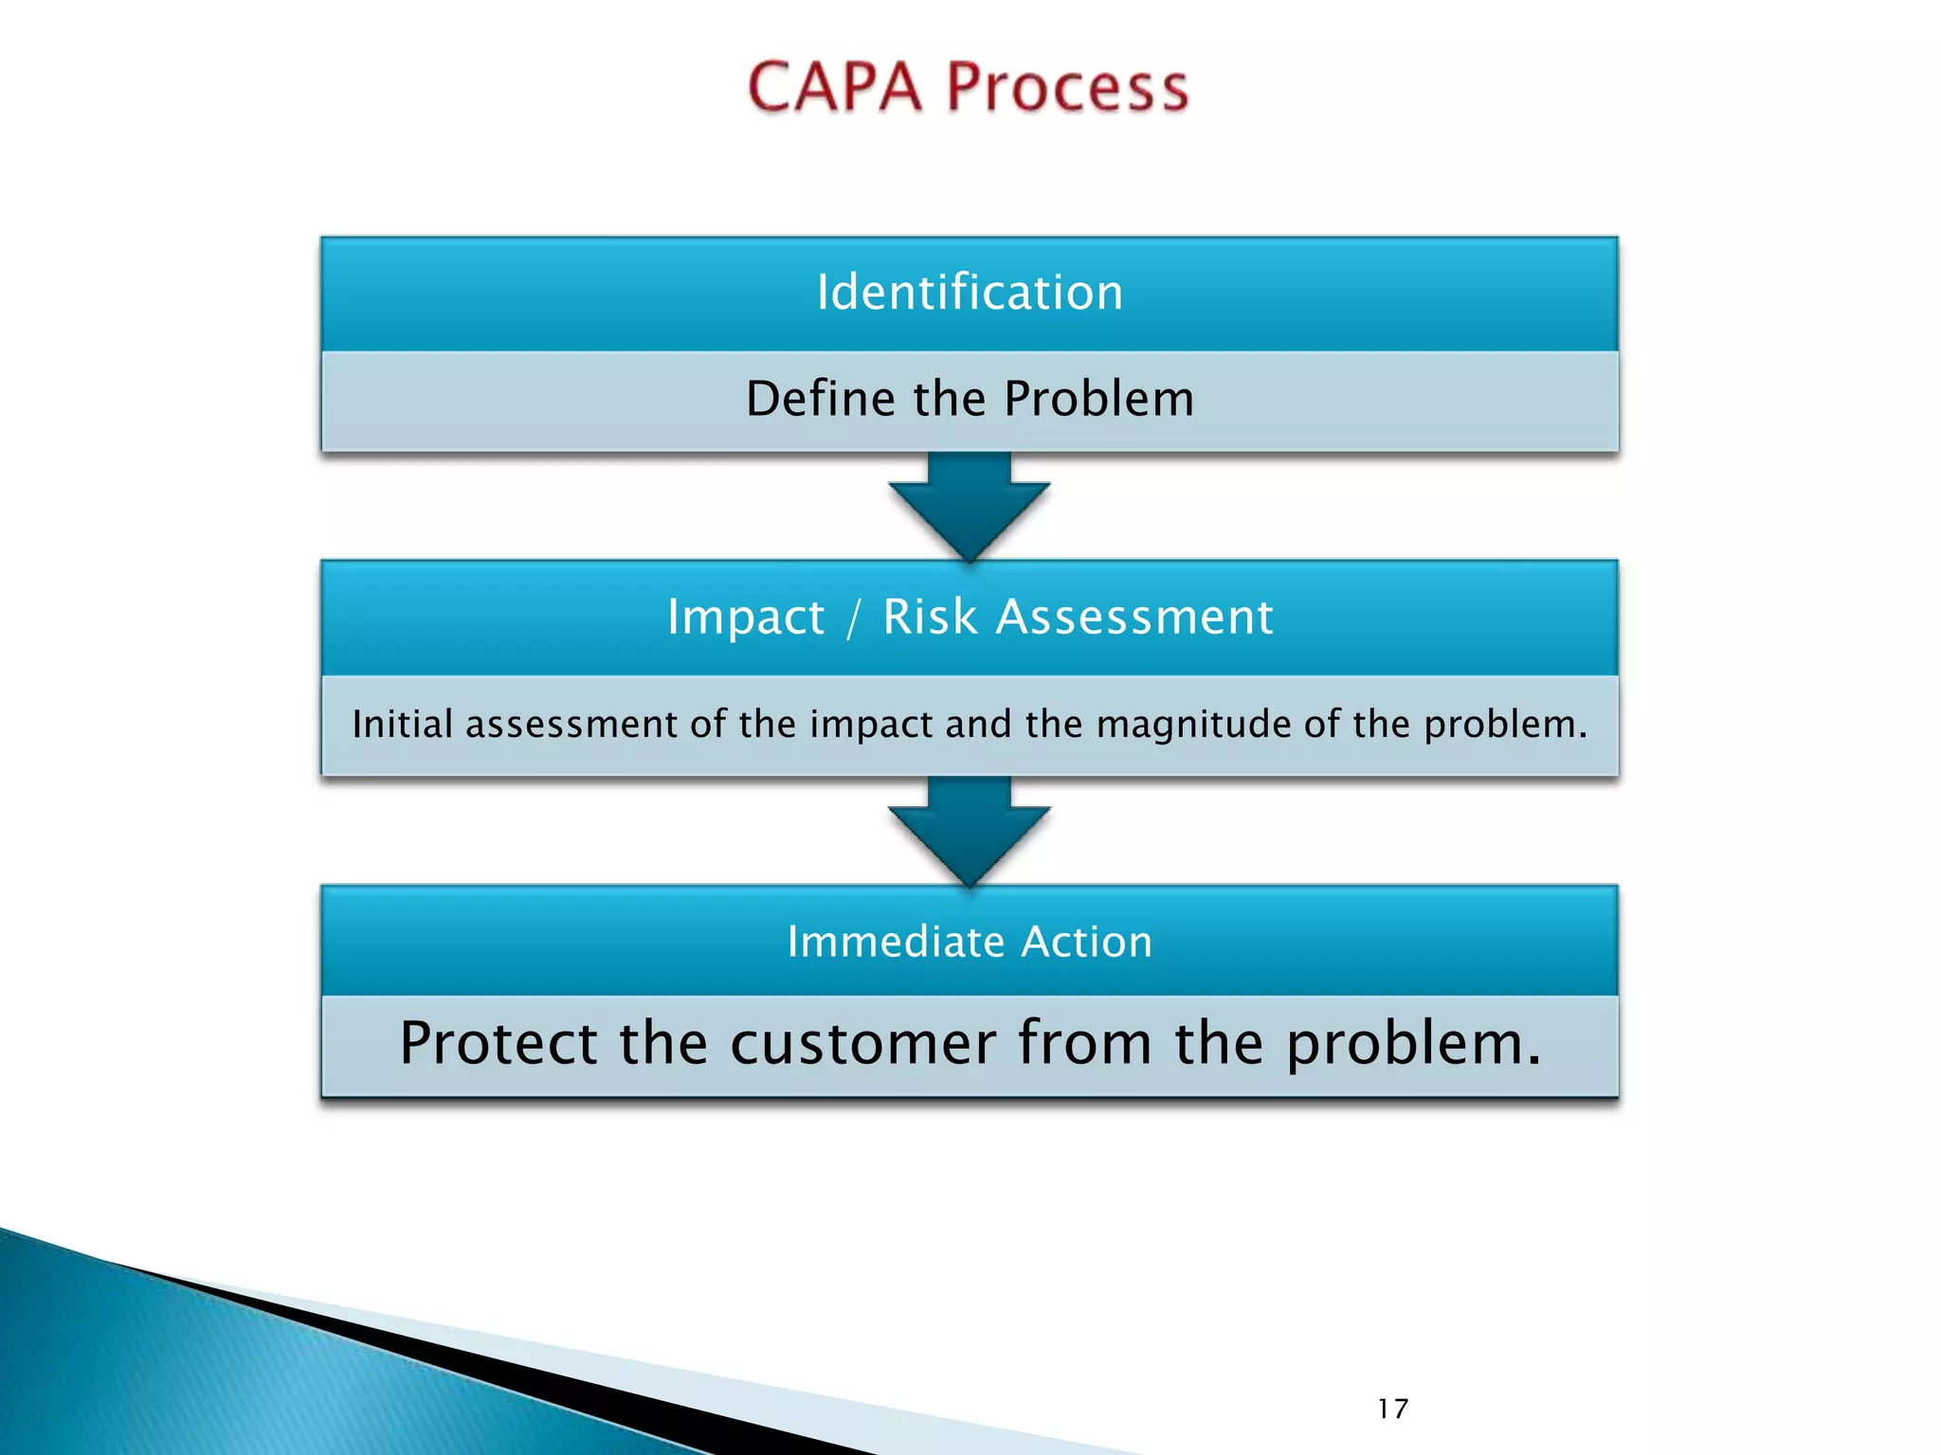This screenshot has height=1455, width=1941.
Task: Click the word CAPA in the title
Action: pos(834,87)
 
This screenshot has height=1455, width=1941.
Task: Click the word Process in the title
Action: pos(1067,87)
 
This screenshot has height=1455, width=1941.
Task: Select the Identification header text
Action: pos(970,292)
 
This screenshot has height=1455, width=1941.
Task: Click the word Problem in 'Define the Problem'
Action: pos(1098,398)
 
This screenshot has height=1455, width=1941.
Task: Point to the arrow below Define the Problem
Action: pos(969,507)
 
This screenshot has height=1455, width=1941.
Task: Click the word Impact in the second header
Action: pos(746,617)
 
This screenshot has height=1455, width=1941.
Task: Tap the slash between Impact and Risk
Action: pos(854,617)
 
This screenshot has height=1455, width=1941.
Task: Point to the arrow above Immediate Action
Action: pos(969,831)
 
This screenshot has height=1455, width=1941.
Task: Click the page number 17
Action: pos(1392,1409)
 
